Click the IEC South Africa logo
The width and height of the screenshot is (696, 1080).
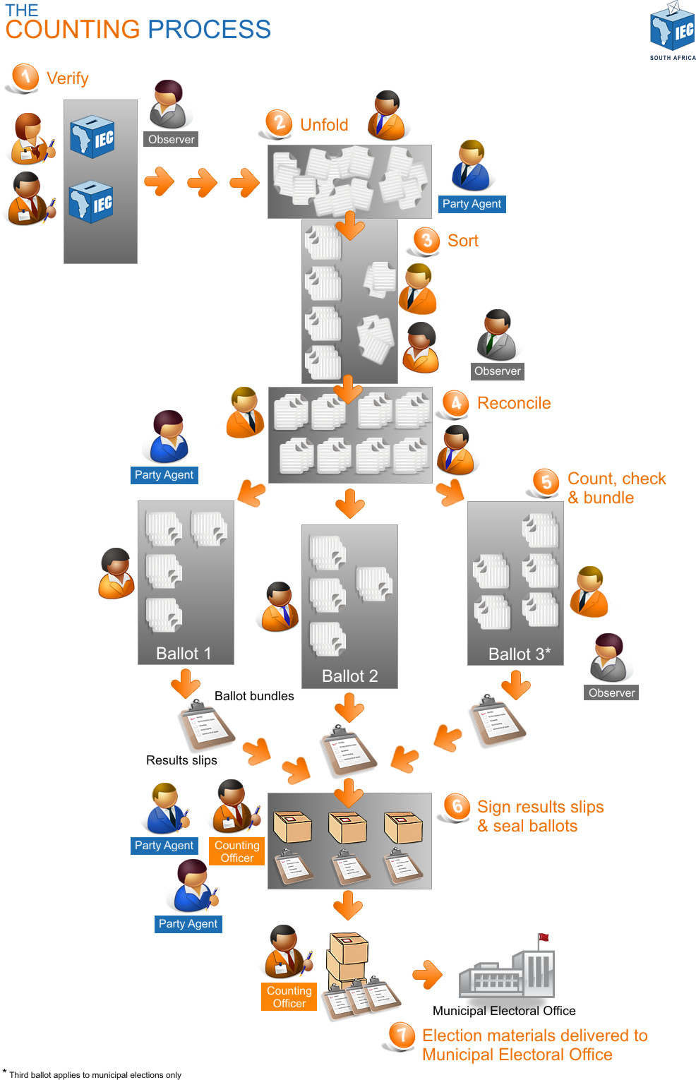pyautogui.click(x=672, y=30)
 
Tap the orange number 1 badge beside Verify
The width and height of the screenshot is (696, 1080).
pyautogui.click(x=25, y=76)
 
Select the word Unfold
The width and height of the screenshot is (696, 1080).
pyautogui.click(x=324, y=125)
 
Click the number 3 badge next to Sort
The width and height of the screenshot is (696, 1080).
pyautogui.click(x=426, y=240)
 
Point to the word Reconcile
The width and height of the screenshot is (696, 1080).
pyautogui.click(x=514, y=403)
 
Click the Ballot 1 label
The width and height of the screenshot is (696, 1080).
pyautogui.click(x=184, y=654)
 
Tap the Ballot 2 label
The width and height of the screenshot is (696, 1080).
pyautogui.click(x=349, y=676)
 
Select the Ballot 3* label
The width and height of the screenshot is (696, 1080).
pyautogui.click(x=519, y=654)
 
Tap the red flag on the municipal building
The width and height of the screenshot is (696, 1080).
pyautogui.click(x=544, y=938)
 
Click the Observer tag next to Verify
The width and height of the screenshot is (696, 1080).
pyautogui.click(x=171, y=139)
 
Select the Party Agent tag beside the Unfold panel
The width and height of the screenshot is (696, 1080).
pyautogui.click(x=472, y=204)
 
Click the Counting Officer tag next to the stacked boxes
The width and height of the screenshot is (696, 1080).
pyautogui.click(x=289, y=997)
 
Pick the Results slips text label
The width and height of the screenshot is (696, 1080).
pyautogui.click(x=181, y=760)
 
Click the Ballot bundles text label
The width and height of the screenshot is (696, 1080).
pyautogui.click(x=254, y=696)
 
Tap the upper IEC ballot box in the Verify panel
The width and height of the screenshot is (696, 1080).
pyautogui.click(x=92, y=136)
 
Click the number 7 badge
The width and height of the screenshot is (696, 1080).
pyautogui.click(x=402, y=1036)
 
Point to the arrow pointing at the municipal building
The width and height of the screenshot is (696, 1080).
pyautogui.click(x=428, y=975)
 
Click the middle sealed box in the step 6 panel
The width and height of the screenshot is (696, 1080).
pyautogui.click(x=349, y=827)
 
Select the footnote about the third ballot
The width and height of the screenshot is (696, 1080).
pyautogui.click(x=95, y=1075)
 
